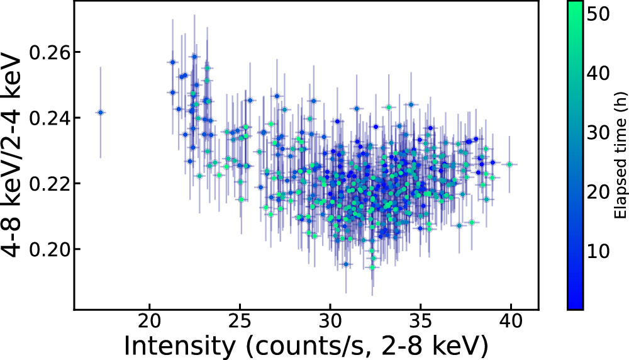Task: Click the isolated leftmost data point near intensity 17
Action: (x=100, y=112)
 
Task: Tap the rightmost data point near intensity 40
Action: (x=509, y=164)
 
